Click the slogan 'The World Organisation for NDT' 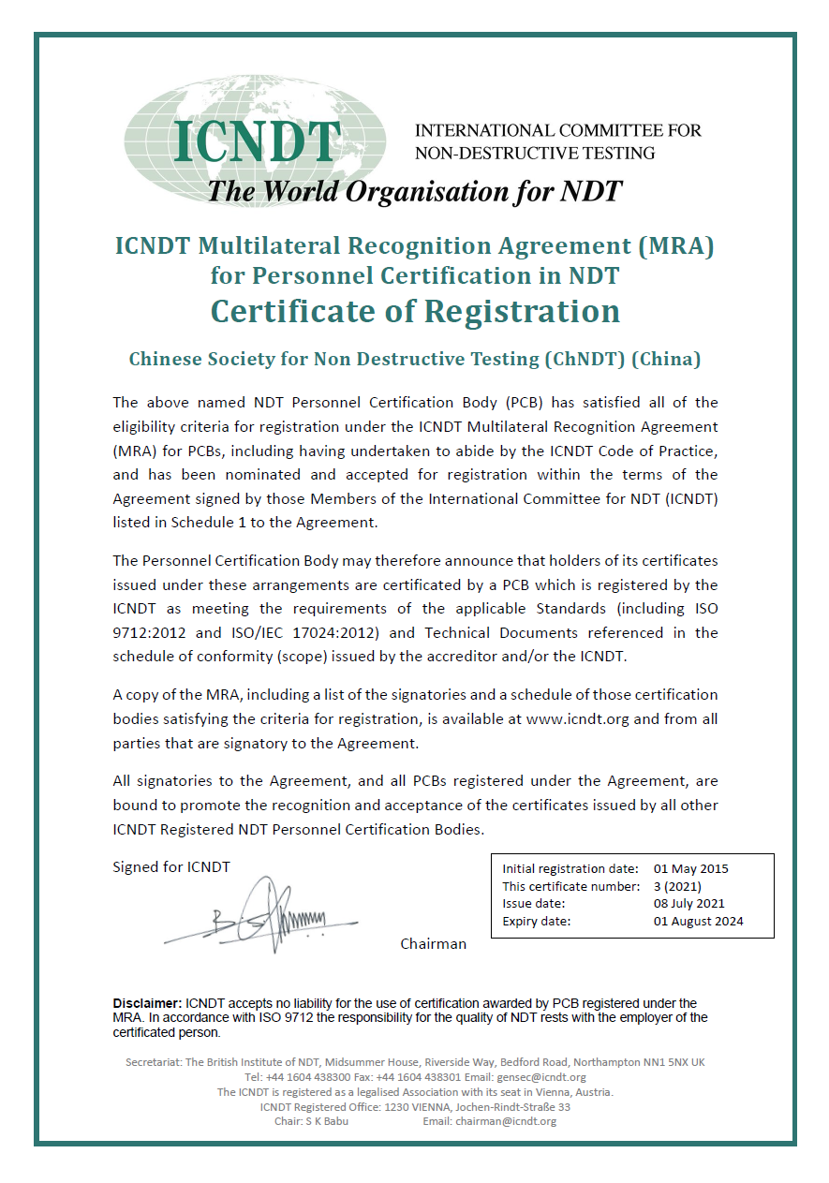coord(414,191)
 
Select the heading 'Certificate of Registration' coord(415,311)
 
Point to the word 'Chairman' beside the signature coord(433,943)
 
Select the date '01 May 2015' coord(690,868)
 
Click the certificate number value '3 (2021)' coord(677,886)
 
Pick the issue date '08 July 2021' coord(688,904)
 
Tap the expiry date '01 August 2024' coord(698,921)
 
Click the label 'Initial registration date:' coord(570,868)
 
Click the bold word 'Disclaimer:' coord(147,1003)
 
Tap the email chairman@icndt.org coord(506,1121)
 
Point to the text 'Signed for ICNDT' coord(171,866)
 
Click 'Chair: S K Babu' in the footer coord(311,1121)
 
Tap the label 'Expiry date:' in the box coord(537,921)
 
